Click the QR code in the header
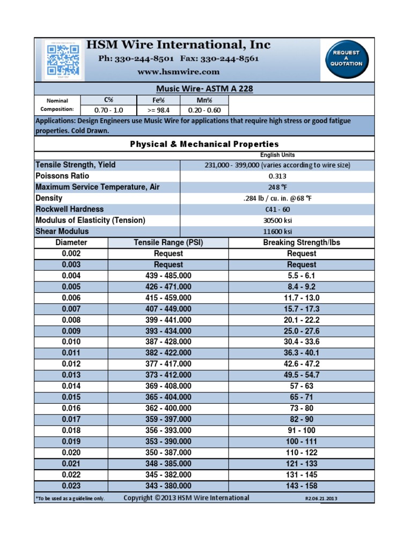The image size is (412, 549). coord(63,59)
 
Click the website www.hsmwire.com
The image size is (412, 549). coord(179,71)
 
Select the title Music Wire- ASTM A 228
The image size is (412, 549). coord(204,89)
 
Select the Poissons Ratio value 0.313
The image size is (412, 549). coord(277,176)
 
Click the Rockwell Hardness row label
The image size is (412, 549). coord(70,209)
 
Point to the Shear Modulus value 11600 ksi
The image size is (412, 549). coord(277,232)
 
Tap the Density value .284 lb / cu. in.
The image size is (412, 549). coord(277,198)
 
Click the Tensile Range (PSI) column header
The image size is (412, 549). coord(168,242)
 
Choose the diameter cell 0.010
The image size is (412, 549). coord(71,342)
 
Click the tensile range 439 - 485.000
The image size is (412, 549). coord(168,276)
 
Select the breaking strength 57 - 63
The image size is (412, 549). coord(301,386)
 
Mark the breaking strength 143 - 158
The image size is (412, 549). coord(301,486)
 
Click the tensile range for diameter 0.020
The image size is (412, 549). coord(168,452)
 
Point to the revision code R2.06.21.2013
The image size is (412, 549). coord(321,499)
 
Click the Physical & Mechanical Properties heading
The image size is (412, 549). coord(204,144)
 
